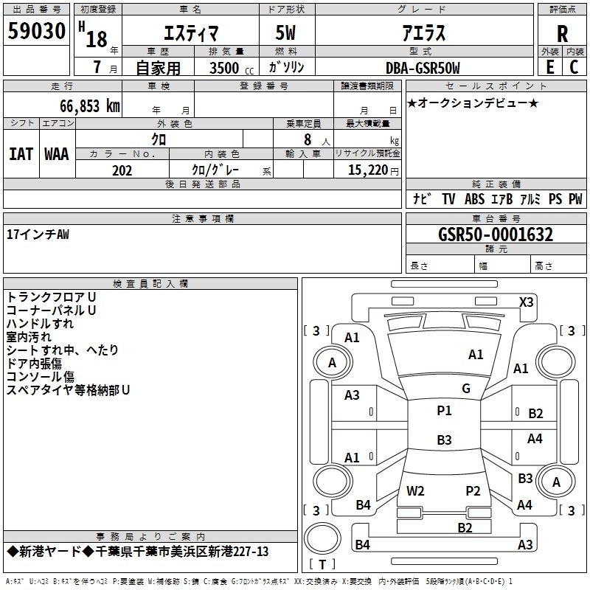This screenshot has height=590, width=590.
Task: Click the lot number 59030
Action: (36, 31)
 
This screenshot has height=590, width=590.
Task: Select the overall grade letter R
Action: (562, 34)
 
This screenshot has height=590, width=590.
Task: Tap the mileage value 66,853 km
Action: (90, 106)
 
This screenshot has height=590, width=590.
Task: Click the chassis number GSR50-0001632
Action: (496, 235)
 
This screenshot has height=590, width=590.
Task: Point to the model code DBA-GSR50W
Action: (423, 68)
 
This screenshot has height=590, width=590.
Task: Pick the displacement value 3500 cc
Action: (232, 68)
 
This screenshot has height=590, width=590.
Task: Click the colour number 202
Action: (122, 170)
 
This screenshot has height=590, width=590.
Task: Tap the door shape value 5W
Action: (285, 33)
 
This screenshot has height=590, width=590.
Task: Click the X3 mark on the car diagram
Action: (526, 302)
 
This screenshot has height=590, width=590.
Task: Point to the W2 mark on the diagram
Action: (415, 490)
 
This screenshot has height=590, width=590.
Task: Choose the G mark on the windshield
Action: (466, 389)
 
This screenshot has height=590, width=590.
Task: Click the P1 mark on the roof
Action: (444, 411)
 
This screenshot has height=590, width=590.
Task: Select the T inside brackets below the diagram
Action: (322, 564)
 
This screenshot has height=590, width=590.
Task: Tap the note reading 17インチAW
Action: (38, 235)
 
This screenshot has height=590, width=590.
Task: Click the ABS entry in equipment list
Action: (474, 199)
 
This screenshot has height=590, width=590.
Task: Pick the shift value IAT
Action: (21, 154)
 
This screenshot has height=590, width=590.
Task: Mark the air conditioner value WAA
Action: (57, 154)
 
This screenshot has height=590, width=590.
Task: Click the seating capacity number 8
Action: (308, 139)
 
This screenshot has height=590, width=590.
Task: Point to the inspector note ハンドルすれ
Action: (40, 324)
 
